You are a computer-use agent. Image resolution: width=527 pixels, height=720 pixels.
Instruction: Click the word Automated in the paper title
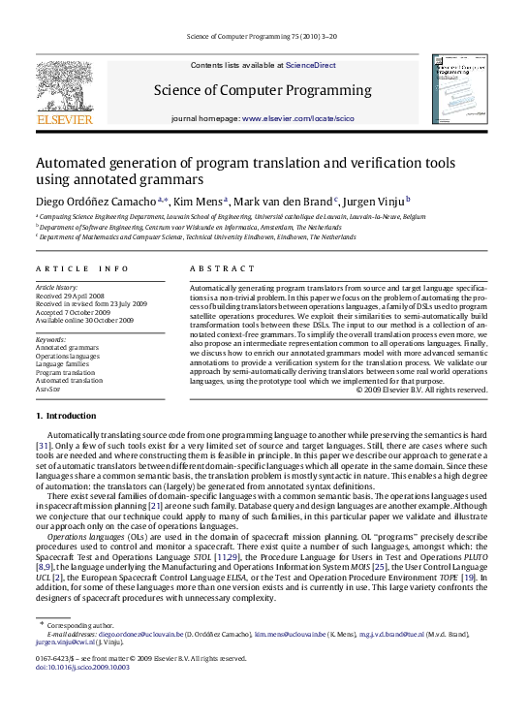72,163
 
